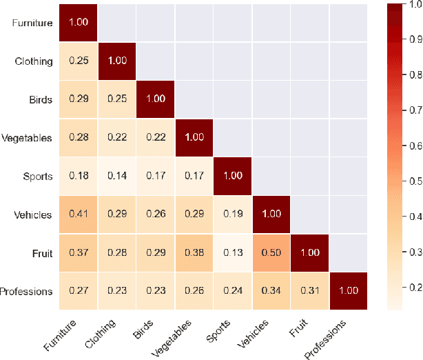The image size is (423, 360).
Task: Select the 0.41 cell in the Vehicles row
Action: [x=78, y=214]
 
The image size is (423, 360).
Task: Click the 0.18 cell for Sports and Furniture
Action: [x=78, y=177]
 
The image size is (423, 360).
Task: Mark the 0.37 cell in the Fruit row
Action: [x=78, y=253]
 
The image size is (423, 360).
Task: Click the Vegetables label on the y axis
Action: [x=28, y=138]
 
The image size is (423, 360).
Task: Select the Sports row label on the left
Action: [x=37, y=177]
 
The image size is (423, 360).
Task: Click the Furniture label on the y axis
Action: [x=32, y=23]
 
